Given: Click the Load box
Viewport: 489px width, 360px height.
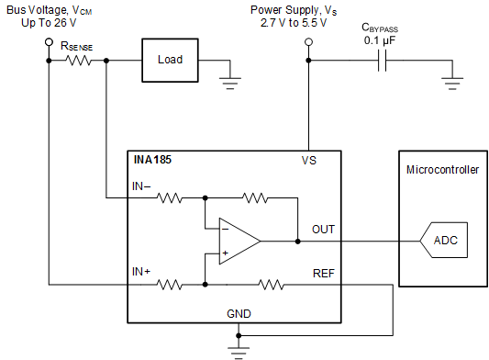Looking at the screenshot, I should (x=171, y=60).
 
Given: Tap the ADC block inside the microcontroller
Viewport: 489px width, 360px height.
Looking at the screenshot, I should (x=444, y=242).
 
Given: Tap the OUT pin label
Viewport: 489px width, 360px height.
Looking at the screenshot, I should (x=324, y=230).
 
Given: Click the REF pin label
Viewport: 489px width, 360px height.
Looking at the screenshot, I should (x=324, y=272).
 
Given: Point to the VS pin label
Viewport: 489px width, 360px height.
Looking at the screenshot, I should (x=309, y=161).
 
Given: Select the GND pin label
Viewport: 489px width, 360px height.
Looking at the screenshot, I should (x=239, y=313).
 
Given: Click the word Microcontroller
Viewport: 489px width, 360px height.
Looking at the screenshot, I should (x=442, y=171).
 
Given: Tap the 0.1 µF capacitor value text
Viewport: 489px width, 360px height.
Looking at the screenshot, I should (x=380, y=40).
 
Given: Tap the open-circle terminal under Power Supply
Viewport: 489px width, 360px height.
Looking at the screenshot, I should (x=308, y=42).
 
